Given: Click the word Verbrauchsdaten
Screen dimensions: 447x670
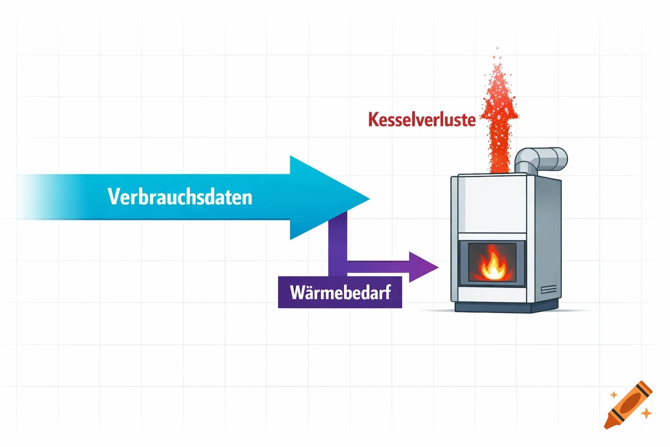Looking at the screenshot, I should [x=180, y=197].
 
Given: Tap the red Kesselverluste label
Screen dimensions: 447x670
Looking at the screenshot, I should [x=421, y=120].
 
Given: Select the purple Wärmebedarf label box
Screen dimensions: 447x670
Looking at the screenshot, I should [x=340, y=292].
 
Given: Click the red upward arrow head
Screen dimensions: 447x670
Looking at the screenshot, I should [x=499, y=107].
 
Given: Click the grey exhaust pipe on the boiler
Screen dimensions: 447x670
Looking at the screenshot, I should [x=541, y=159].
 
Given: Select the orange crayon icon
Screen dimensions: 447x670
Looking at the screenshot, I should [x=628, y=405].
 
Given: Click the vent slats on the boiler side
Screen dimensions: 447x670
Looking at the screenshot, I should [x=548, y=290].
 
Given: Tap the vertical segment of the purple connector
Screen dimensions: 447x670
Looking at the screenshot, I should [x=338, y=244].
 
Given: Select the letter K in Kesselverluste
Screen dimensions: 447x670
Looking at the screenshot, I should [x=373, y=120].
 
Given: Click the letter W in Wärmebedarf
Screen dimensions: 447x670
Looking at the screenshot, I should [x=298, y=292].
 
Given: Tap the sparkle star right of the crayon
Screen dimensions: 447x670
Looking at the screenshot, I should [x=646, y=413].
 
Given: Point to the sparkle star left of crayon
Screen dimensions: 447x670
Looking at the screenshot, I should [x=614, y=395].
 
